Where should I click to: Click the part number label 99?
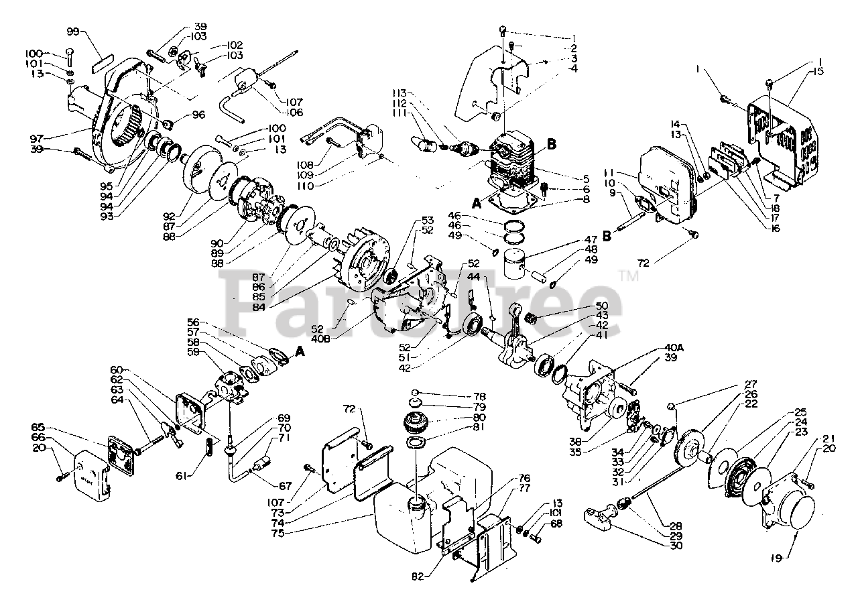tap(74, 31)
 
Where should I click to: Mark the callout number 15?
tap(818, 71)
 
